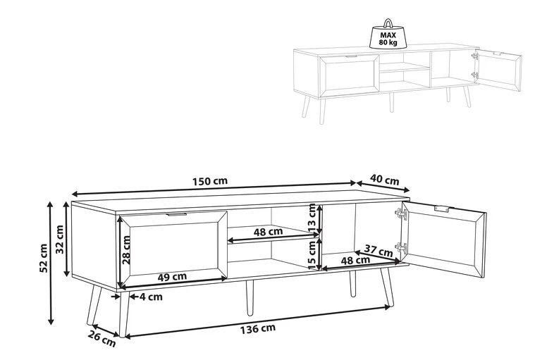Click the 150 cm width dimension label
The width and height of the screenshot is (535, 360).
tap(210, 180)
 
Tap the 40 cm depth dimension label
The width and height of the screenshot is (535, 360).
tap(385, 180)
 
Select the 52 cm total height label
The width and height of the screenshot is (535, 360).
tap(43, 258)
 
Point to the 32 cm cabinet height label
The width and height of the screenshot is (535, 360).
tap(60, 239)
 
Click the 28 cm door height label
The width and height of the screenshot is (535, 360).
tap(126, 250)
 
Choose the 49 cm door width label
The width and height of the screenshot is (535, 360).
tap(172, 276)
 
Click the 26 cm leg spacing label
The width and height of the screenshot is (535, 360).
tap(102, 339)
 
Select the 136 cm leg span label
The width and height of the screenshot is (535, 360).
tap(258, 328)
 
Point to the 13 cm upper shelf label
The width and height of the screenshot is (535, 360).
tap(312, 218)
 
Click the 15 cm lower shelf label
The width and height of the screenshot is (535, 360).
tap(312, 255)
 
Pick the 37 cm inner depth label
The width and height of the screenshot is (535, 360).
tap(379, 251)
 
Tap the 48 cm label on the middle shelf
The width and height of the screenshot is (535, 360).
tap(268, 232)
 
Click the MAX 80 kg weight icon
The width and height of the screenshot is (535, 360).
tap(388, 34)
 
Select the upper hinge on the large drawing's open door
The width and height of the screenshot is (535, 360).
tap(400, 214)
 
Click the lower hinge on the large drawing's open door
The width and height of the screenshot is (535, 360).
tap(400, 247)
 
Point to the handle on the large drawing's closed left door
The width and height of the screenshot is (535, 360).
tap(177, 214)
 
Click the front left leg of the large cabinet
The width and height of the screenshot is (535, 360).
tap(123, 314)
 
